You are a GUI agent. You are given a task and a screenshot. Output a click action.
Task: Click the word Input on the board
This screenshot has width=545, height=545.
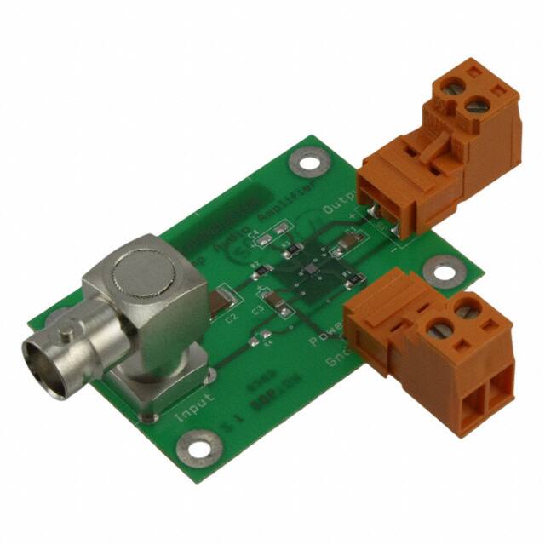(x=194, y=406)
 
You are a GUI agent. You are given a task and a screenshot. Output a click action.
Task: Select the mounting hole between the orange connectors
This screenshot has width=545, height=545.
(x=440, y=271)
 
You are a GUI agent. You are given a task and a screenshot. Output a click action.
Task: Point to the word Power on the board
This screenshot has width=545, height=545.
(x=325, y=341)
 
